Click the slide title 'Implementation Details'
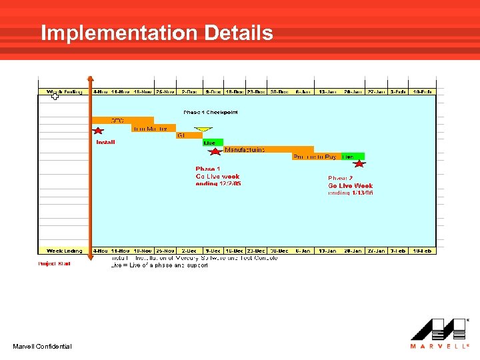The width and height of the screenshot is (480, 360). tap(157, 33)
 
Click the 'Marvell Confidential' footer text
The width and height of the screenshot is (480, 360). tap(42, 346)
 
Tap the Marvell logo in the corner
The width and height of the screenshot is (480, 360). tap(440, 333)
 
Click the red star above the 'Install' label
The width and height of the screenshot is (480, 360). tap(98, 131)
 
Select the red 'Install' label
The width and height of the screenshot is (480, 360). tap(105, 142)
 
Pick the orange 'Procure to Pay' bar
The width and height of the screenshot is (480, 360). tap(315, 157)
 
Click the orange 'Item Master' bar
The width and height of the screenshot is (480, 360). tap(153, 128)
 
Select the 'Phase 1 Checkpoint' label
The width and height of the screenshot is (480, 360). tap(211, 112)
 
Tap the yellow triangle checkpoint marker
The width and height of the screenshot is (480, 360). tap(202, 130)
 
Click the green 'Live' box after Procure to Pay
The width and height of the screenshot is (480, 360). tap(348, 157)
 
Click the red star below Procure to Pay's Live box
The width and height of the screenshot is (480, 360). tap(359, 163)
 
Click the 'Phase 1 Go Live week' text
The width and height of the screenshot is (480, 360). tap(218, 176)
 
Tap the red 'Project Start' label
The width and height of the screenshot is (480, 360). tap(54, 263)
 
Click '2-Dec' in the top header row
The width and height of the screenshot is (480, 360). tap(190, 91)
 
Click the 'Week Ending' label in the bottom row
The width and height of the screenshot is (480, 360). tap(64, 251)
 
